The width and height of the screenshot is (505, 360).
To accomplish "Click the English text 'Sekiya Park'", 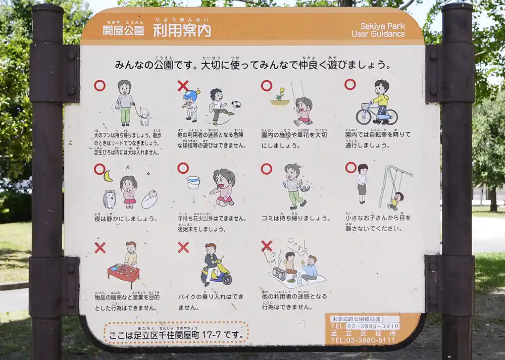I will click(x=383, y=26).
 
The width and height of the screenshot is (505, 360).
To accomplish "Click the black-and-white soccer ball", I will click(x=236, y=105).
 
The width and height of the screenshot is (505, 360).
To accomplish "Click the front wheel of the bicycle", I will click(x=364, y=116).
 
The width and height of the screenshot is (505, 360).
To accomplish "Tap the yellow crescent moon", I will click(x=108, y=176).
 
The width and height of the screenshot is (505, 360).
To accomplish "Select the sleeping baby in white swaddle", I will click(x=149, y=200).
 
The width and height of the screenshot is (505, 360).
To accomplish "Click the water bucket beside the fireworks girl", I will click(x=193, y=182).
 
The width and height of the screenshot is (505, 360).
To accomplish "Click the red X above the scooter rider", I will click(x=183, y=247).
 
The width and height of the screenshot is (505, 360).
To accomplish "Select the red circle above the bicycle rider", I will click(x=350, y=84).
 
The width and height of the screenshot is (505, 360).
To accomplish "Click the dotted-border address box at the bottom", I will click(x=176, y=333).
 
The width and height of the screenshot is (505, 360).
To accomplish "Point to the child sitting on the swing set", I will click(x=396, y=200).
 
